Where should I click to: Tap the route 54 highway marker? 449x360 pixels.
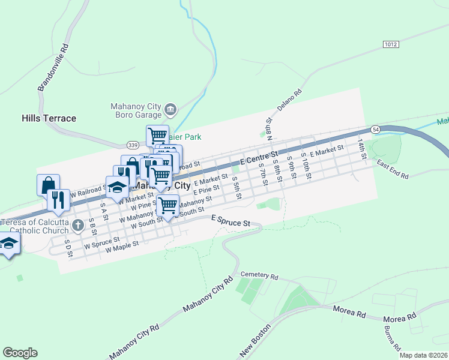click(375, 130)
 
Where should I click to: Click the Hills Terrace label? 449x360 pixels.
click(49, 118)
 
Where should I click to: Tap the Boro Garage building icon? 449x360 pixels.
click(170, 109)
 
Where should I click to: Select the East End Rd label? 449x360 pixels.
click(393, 169)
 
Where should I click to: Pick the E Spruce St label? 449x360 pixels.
click(231, 223)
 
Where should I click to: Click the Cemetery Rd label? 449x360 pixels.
click(259, 277)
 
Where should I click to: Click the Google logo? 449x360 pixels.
click(20, 353)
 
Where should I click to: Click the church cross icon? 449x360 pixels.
click(77, 226)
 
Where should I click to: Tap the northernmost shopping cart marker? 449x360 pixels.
click(157, 134)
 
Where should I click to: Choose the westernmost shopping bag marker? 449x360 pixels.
click(47, 184)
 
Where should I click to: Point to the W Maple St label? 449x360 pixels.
click(122, 247)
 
